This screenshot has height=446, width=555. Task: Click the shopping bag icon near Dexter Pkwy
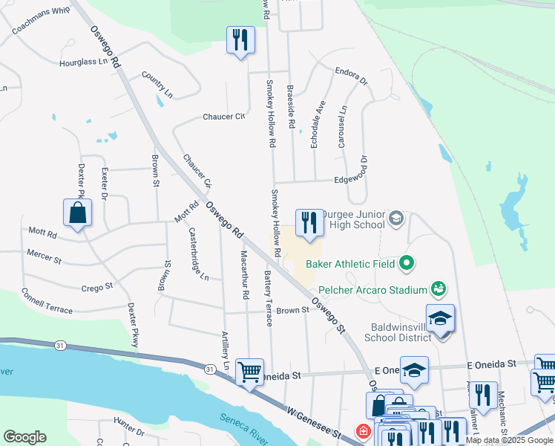point(77,213)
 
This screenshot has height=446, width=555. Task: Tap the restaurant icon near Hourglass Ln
point(240,39)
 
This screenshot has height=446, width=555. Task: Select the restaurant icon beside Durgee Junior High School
point(309,223)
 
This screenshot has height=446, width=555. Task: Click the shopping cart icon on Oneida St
point(249,372)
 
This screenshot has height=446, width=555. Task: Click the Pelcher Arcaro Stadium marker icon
point(439,288)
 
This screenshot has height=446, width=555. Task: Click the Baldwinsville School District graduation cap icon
point(441,319)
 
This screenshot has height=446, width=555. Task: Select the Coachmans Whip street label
point(41,20)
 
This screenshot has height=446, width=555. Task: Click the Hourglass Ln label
point(85,62)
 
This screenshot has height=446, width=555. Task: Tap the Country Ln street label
point(157,85)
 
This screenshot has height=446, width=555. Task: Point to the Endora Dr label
point(351,77)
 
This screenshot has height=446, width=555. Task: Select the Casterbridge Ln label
point(199,253)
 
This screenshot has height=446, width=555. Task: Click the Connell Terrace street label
point(47,300)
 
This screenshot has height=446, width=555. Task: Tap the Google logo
point(24,437)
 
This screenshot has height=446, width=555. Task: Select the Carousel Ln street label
point(342,126)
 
